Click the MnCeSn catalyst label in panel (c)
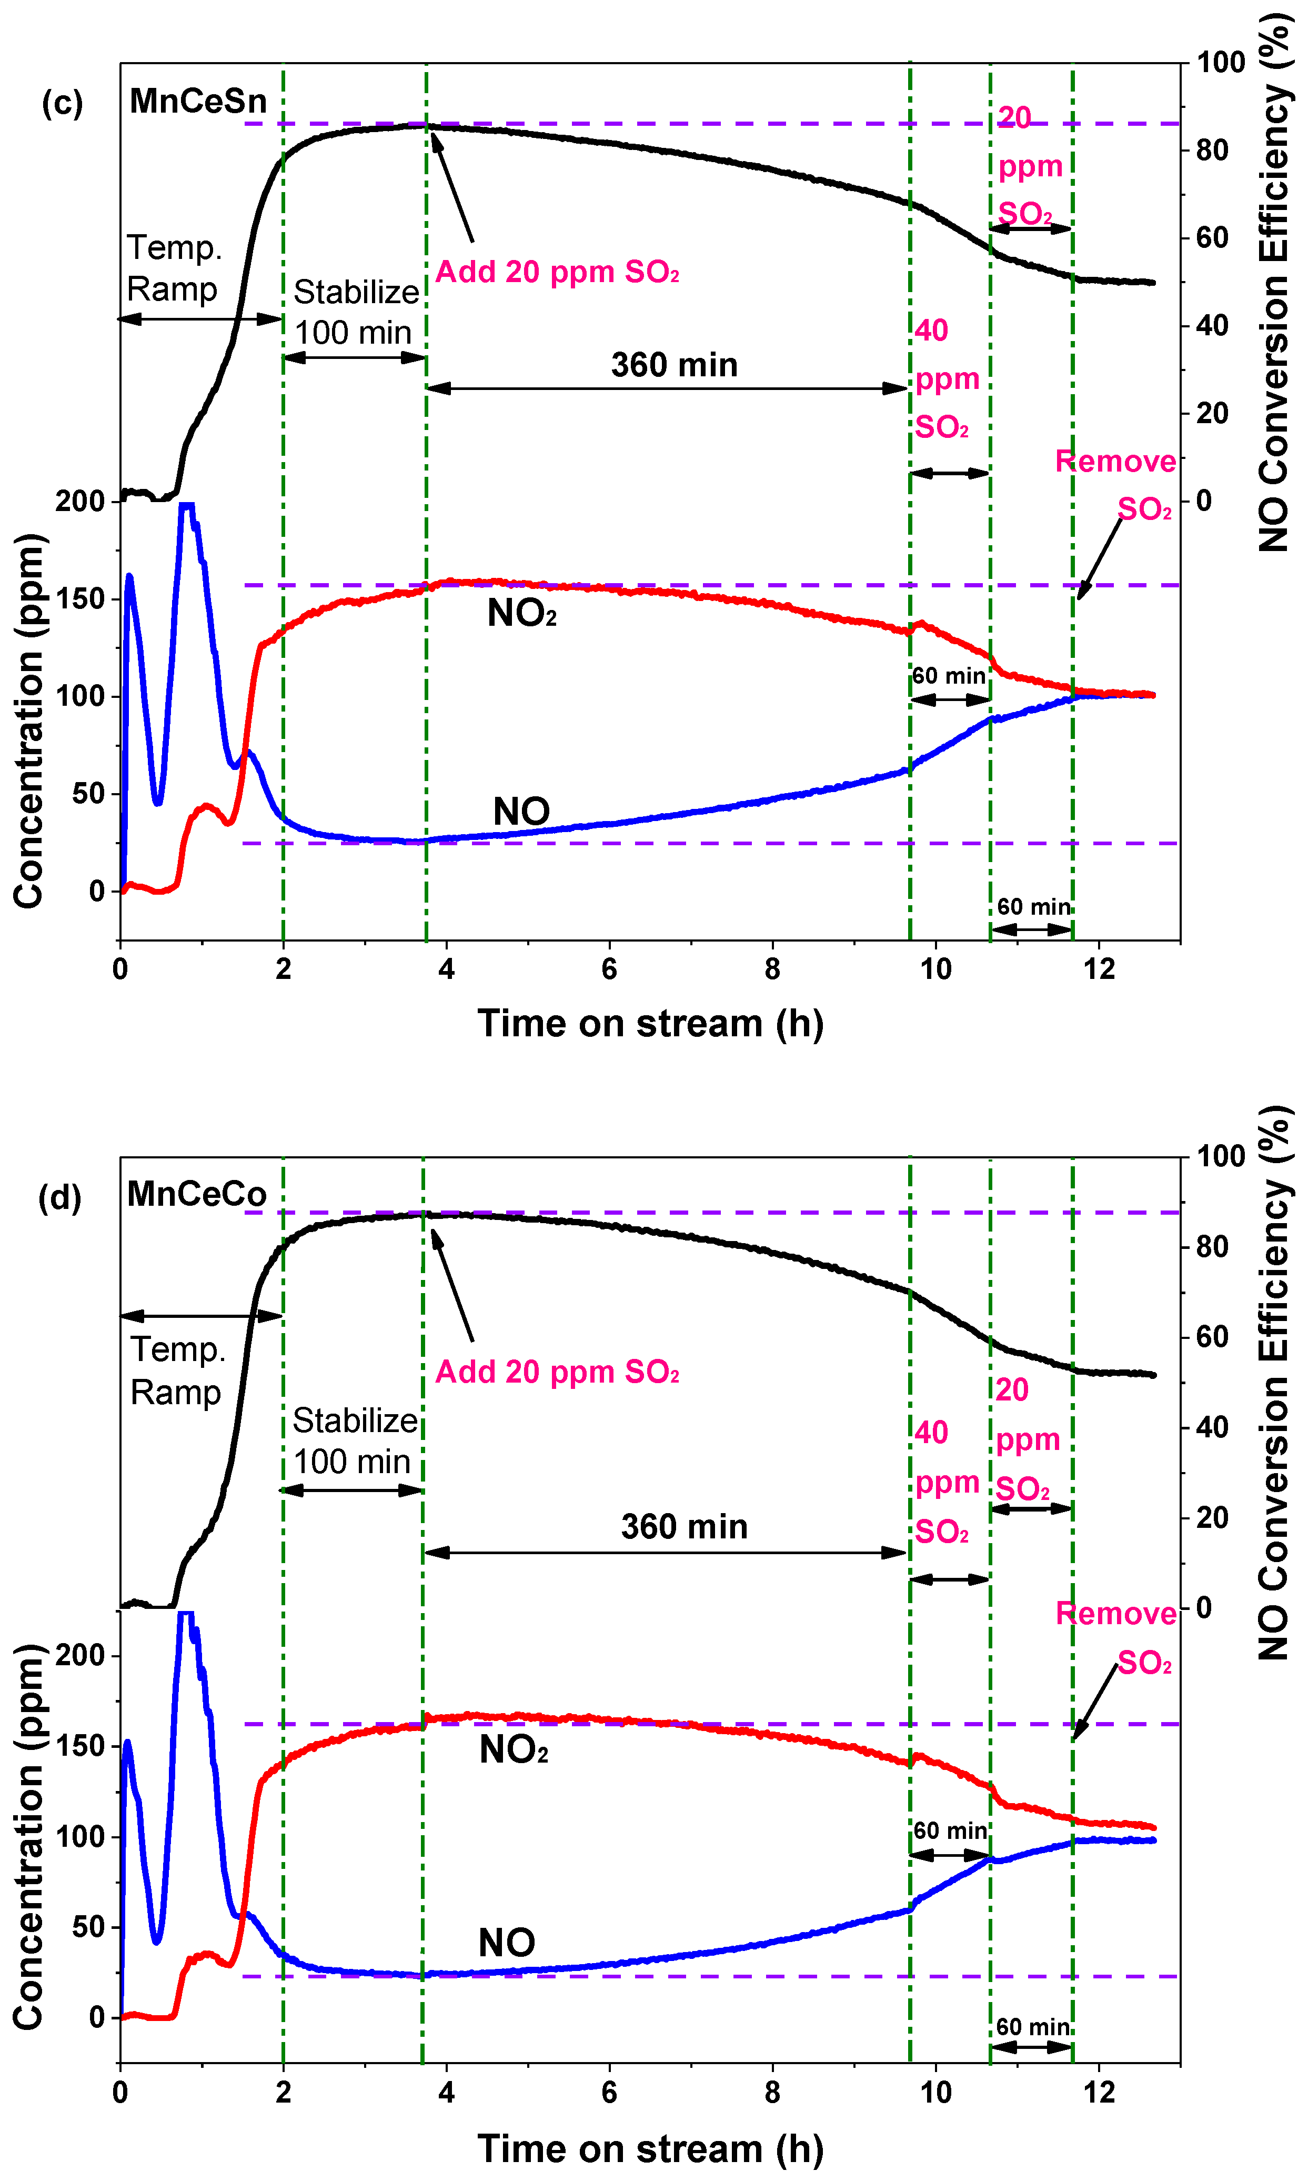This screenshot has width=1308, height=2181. (198, 102)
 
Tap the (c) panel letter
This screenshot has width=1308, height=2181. (62, 103)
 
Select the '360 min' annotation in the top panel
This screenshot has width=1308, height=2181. (675, 365)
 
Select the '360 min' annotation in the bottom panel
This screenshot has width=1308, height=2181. (684, 1526)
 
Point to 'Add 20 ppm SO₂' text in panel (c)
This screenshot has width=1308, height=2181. (557, 272)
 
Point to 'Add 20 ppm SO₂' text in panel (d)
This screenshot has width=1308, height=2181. (557, 1372)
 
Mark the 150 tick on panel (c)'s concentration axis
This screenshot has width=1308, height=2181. (80, 598)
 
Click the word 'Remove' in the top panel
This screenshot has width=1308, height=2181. (1115, 461)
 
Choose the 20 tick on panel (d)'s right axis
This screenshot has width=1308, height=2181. (1212, 1517)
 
